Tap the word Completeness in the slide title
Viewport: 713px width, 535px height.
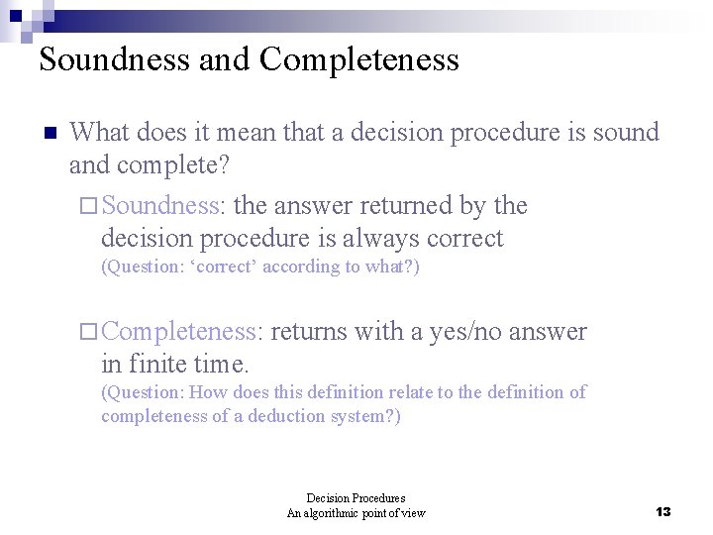click(x=359, y=59)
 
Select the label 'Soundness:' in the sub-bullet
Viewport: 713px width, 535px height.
click(x=164, y=206)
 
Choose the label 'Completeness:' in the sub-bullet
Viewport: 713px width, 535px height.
click(x=182, y=332)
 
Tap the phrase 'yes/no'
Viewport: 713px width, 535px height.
click(x=466, y=332)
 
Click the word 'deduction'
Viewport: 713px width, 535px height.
click(x=294, y=416)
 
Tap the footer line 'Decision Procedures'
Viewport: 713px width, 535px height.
click(x=356, y=498)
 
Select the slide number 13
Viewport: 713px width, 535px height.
click(x=663, y=511)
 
